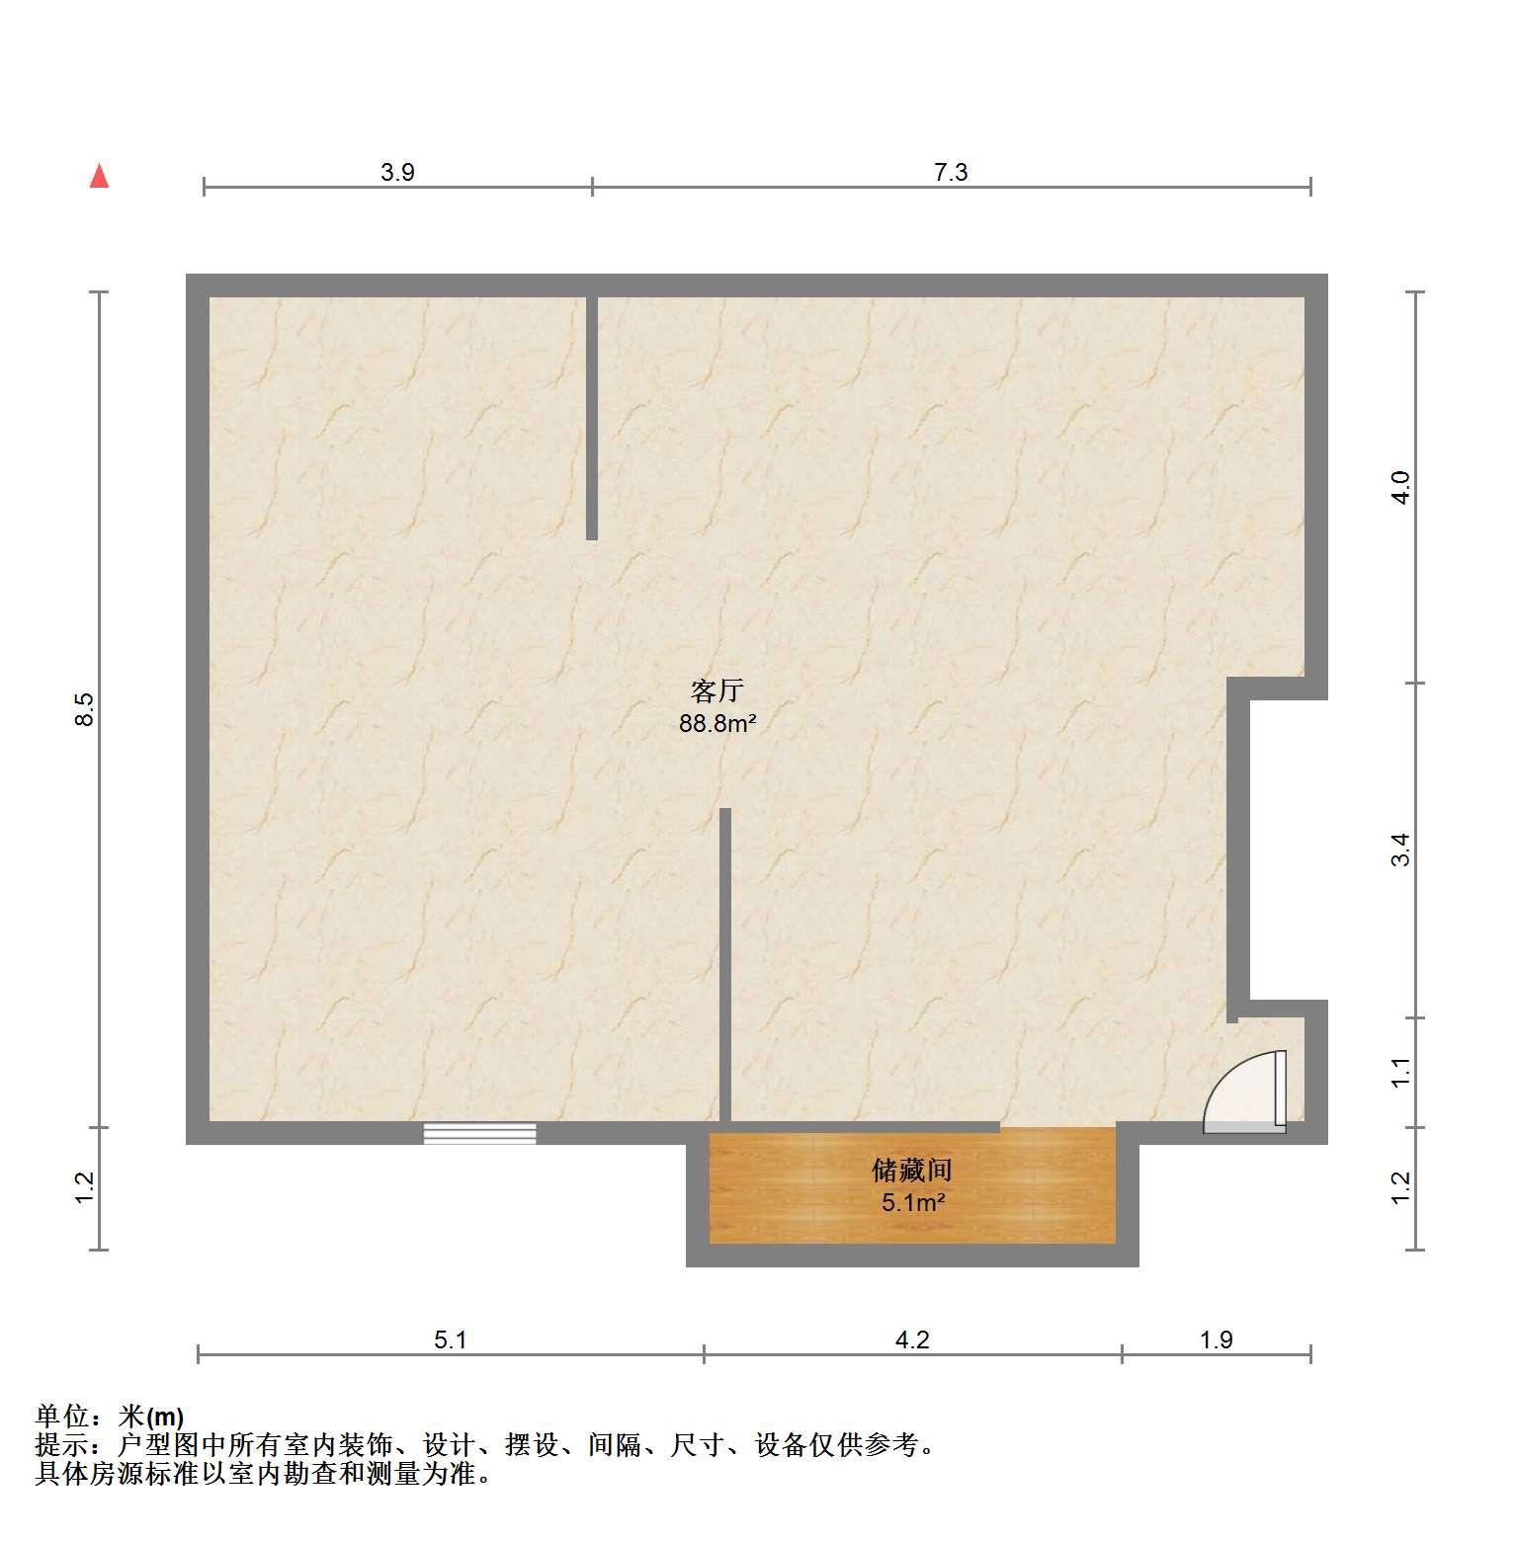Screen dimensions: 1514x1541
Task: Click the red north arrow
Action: pyautogui.click(x=99, y=176)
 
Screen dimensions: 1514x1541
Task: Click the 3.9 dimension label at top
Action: pyautogui.click(x=397, y=172)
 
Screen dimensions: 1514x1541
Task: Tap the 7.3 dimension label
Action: pyautogui.click(x=951, y=172)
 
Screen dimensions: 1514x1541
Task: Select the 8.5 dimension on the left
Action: pyautogui.click(x=85, y=709)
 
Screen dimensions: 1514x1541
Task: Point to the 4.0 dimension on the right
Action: pyautogui.click(x=1401, y=487)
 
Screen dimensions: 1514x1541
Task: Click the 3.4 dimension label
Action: pyautogui.click(x=1401, y=850)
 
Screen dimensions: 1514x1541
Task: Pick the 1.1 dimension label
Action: pyautogui.click(x=1401, y=1072)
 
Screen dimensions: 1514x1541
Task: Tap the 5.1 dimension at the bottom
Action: pyautogui.click(x=450, y=1339)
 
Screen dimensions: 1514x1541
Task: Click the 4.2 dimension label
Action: pyautogui.click(x=912, y=1339)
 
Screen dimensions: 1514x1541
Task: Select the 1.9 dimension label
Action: pyautogui.click(x=1217, y=1339)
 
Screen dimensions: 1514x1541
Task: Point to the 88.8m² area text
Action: pyautogui.click(x=717, y=723)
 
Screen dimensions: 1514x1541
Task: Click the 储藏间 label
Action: pyautogui.click(x=911, y=1171)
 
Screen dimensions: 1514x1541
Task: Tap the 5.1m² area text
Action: pyautogui.click(x=913, y=1203)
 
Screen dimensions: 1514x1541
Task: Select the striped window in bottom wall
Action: pyautogui.click(x=480, y=1134)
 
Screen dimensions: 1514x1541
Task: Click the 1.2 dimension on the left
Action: pyautogui.click(x=85, y=1187)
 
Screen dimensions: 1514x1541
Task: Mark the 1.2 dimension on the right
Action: pyautogui.click(x=1401, y=1187)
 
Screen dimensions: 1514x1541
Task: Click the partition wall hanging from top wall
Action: pyautogui.click(x=592, y=417)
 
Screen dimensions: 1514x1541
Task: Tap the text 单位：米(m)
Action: pyautogui.click(x=110, y=1418)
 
